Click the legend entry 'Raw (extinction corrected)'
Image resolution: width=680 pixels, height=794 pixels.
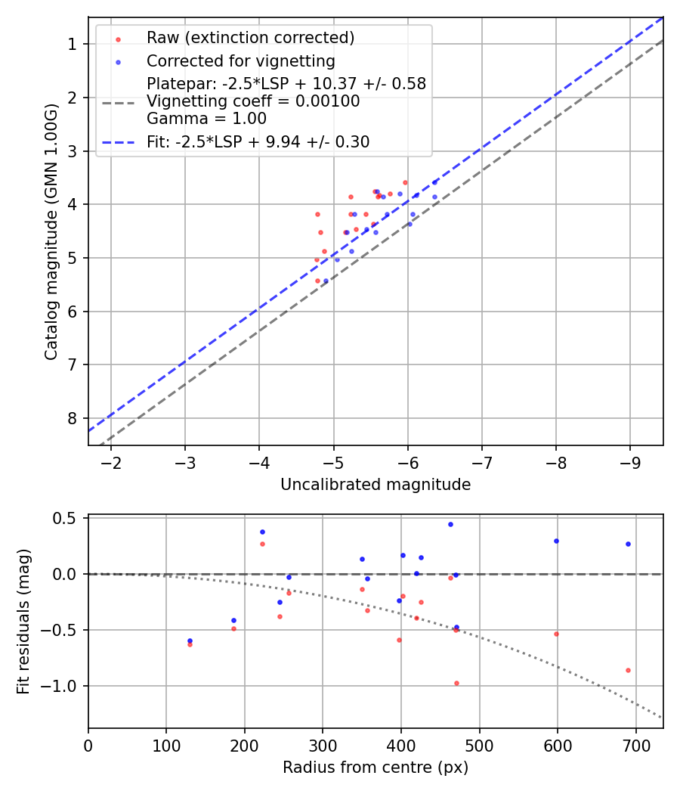coord(250,38)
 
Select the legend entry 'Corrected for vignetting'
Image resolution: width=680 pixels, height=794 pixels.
coord(241,60)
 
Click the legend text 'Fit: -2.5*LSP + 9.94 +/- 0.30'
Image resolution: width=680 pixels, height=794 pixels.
coord(258,141)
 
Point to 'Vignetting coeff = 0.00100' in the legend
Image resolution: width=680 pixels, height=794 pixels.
coord(253,101)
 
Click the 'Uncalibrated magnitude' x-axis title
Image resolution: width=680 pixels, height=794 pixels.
coord(376,485)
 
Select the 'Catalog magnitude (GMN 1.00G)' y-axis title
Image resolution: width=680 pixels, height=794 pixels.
coord(51,231)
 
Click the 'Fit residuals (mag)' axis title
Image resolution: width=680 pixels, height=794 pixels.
coord(23,621)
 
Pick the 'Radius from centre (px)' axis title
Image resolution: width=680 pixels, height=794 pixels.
coord(376,768)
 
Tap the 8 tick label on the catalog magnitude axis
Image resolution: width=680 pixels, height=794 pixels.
coord(73,418)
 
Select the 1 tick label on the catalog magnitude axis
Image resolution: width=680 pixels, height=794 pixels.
coord(73,44)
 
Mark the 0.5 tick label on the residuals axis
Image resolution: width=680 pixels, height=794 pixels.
coord(68,518)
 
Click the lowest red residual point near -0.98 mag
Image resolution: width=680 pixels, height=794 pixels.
coord(456,683)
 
